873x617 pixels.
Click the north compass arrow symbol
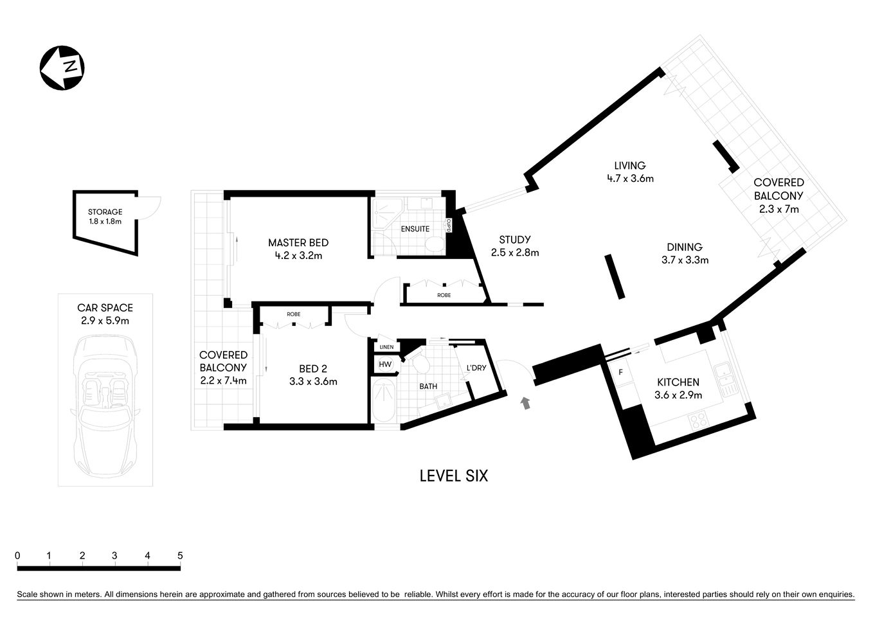pyautogui.click(x=62, y=67)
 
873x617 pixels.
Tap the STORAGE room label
pyautogui.click(x=105, y=212)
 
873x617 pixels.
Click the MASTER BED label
pyautogui.click(x=298, y=243)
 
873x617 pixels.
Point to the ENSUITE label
pyautogui.click(x=415, y=229)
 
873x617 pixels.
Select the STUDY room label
pyautogui.click(x=514, y=240)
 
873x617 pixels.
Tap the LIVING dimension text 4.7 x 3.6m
pyautogui.click(x=629, y=179)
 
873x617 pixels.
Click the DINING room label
pyautogui.click(x=684, y=247)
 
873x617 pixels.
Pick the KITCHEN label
pyautogui.click(x=678, y=382)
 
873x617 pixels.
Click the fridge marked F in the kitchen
pyautogui.click(x=620, y=372)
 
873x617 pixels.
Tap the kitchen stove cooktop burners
pyautogui.click(x=698, y=422)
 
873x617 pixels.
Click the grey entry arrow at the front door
pyautogui.click(x=526, y=404)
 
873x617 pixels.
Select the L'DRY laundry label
pyautogui.click(x=476, y=368)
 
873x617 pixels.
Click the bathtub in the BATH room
pyautogui.click(x=385, y=401)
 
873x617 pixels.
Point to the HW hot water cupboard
pyautogui.click(x=385, y=364)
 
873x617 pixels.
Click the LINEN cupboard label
pyautogui.click(x=386, y=347)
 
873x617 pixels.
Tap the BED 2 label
pyautogui.click(x=312, y=369)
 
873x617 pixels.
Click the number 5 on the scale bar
pyautogui.click(x=180, y=556)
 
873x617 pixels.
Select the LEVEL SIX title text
pyautogui.click(x=453, y=476)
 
